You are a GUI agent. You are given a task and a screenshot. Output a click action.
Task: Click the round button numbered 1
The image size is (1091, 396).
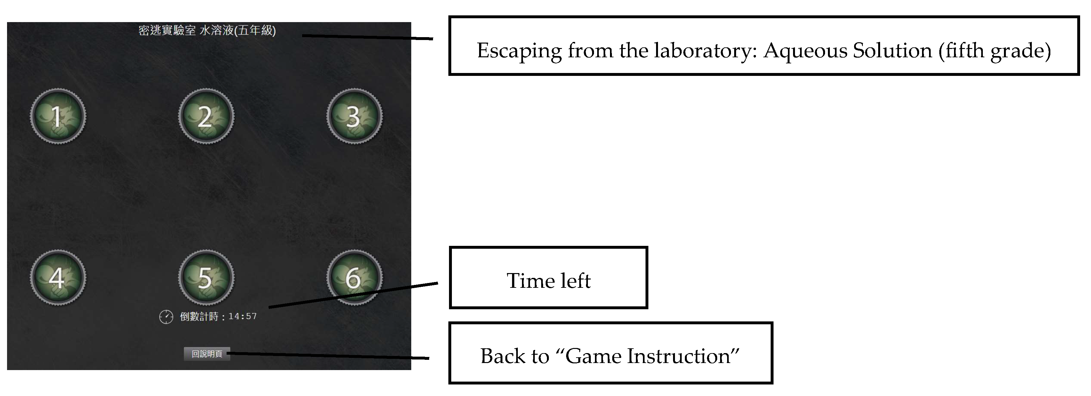[58, 116]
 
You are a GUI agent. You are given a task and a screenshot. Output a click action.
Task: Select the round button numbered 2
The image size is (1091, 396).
[206, 116]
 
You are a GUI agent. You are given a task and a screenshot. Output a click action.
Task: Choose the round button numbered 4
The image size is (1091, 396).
[58, 278]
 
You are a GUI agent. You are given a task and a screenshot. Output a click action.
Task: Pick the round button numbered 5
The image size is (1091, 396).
[206, 278]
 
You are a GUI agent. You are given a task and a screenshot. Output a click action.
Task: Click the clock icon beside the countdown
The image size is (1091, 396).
[166, 317]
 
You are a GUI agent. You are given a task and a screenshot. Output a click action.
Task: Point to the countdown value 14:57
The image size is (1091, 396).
[243, 316]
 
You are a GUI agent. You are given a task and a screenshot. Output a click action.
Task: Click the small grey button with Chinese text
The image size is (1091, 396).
[207, 354]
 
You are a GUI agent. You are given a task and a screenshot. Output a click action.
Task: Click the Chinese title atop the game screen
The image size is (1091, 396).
[207, 30]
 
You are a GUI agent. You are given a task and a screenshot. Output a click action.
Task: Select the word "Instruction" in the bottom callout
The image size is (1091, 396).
[683, 356]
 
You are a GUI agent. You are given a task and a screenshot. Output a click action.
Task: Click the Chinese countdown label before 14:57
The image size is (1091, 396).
[199, 316]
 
